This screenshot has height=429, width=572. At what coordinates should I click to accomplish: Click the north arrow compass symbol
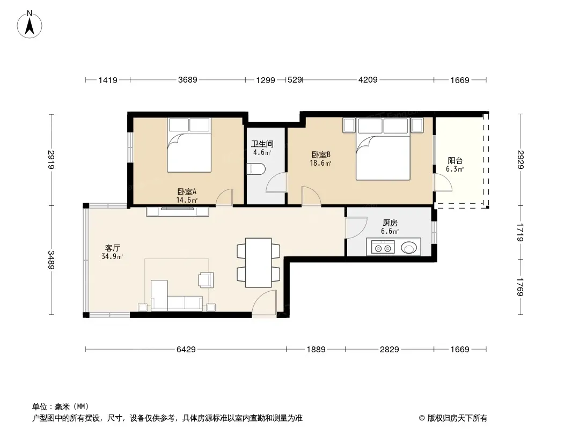click(x=30, y=25)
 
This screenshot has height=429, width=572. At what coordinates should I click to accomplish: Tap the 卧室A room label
click(x=187, y=191)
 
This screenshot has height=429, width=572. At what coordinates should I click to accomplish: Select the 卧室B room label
click(x=321, y=154)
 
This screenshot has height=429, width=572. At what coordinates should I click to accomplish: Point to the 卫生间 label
click(x=262, y=144)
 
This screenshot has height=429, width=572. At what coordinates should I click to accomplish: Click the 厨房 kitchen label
click(x=390, y=223)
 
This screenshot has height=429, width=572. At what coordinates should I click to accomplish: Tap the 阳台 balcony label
click(x=455, y=161)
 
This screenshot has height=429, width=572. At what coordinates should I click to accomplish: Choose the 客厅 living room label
click(x=112, y=248)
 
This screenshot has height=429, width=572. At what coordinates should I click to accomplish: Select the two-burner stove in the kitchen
click(x=383, y=248)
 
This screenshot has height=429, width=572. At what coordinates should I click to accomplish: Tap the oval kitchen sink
click(x=408, y=248)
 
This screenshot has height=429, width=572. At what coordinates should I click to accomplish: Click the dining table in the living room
click(x=258, y=262)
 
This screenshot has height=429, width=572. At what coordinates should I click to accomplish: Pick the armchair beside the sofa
click(x=206, y=280)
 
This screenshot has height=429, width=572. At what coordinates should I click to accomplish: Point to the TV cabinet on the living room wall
click(x=178, y=211)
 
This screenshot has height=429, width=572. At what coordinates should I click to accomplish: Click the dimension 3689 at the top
click(x=187, y=79)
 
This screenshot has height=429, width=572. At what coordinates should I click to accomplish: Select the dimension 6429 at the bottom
click(x=186, y=349)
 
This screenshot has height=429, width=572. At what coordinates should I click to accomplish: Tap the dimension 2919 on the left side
click(x=50, y=160)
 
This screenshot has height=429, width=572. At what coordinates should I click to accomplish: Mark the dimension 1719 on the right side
click(x=520, y=233)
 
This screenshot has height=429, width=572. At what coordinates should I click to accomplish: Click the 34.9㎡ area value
click(x=112, y=256)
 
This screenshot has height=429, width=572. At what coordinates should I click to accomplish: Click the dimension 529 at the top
click(x=295, y=79)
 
